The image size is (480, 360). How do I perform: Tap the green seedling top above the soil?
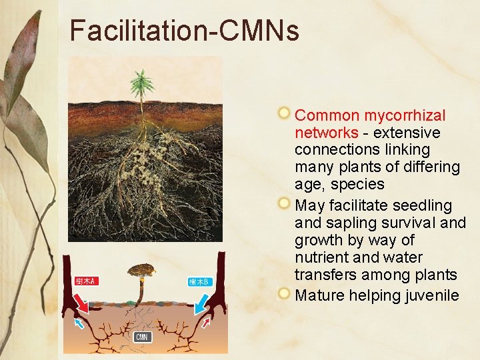click(x=142, y=84)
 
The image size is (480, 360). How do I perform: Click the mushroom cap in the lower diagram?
click(x=142, y=269)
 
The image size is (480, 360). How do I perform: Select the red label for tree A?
click(x=85, y=281)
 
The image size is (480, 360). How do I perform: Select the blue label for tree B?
click(x=199, y=282)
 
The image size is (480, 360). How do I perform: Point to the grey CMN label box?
click(x=142, y=337)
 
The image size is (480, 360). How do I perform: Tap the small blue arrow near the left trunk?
click(x=79, y=323)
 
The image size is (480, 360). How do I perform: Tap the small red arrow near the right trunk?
click(x=206, y=323)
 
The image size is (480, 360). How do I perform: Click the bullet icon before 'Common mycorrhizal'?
click(x=285, y=114)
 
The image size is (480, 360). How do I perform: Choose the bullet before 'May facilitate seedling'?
click(x=285, y=203)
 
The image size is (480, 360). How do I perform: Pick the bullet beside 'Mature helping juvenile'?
click(x=285, y=293)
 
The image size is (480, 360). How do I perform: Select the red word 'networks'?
click(x=326, y=133)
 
